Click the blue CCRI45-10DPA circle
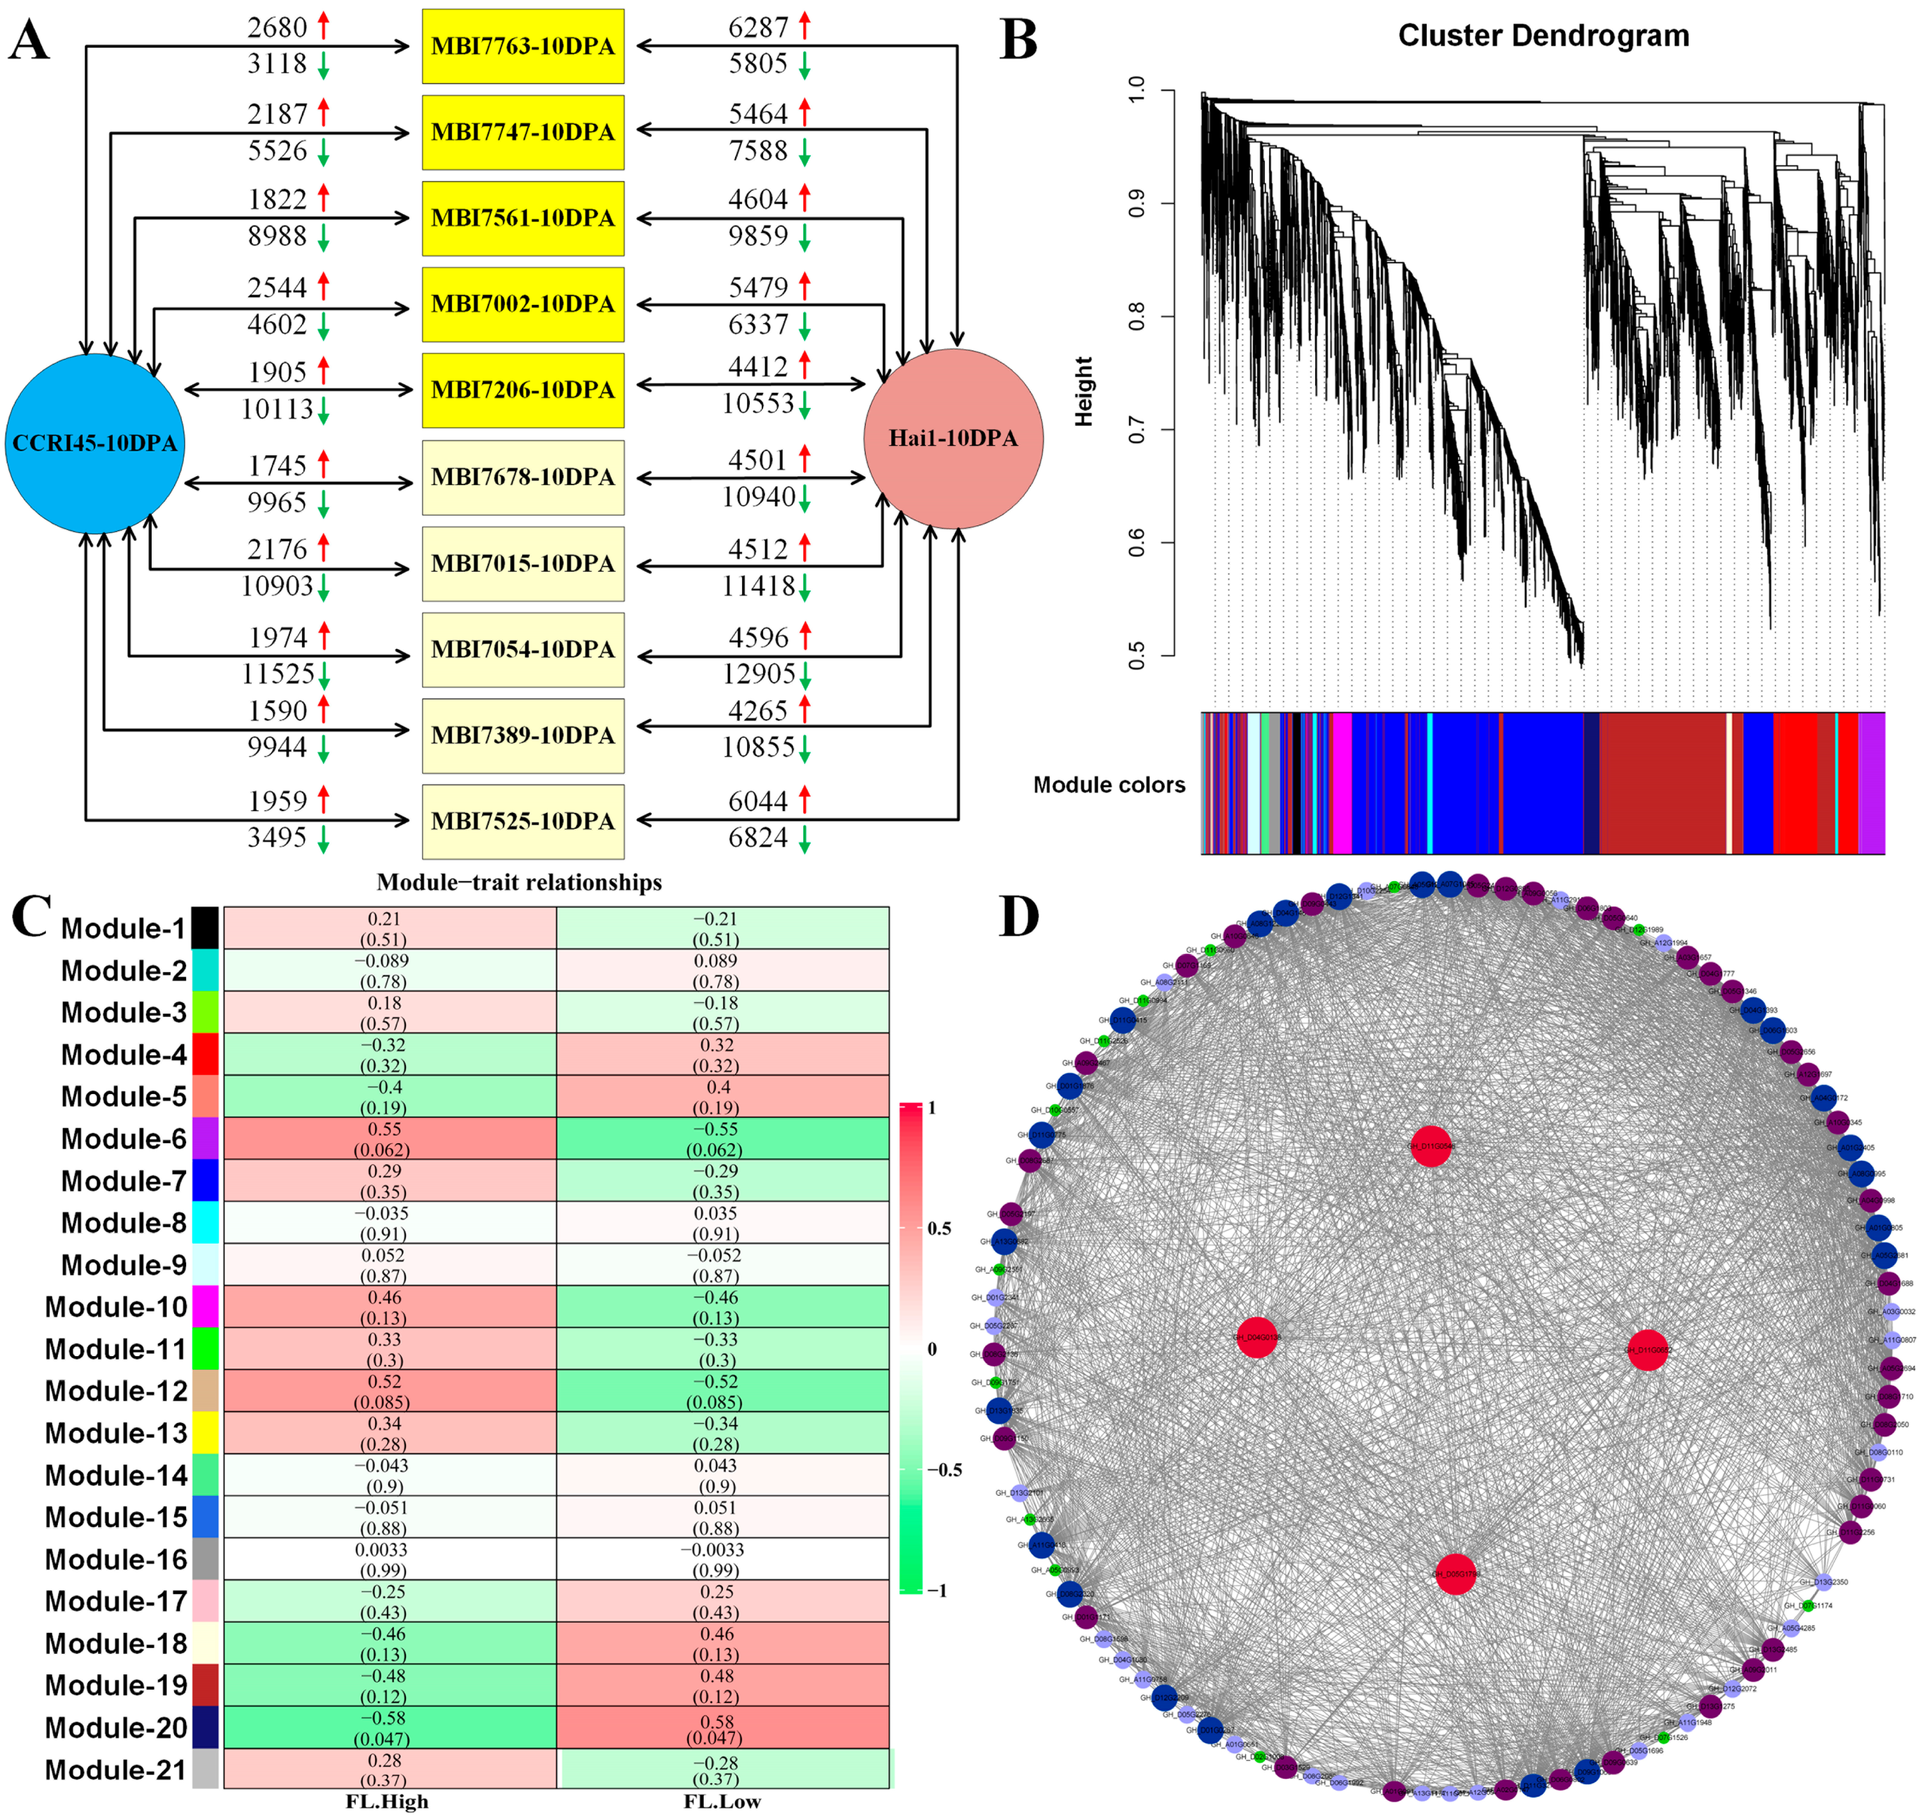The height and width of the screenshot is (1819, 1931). pos(94,443)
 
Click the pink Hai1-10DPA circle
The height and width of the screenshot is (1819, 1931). pos(953,438)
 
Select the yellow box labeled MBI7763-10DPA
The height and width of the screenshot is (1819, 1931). pos(523,47)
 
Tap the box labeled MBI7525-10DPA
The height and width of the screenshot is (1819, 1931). pos(523,822)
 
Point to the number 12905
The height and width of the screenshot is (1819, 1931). pos(759,673)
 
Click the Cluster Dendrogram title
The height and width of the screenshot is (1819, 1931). pos(1543,36)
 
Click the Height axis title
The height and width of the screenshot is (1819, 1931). pos(1084,391)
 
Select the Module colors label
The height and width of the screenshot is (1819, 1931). pos(1109,785)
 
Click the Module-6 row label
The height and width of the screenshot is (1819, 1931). pos(124,1139)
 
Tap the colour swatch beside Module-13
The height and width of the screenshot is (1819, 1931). pos(205,1432)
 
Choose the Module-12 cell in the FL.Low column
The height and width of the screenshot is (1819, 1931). pos(722,1391)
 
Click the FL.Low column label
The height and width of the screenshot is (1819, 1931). pos(722,1802)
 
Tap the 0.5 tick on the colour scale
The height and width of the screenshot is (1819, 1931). pos(939,1228)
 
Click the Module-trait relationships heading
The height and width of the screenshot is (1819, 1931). pos(519,882)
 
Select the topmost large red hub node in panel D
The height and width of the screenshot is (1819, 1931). pos(1431,1146)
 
